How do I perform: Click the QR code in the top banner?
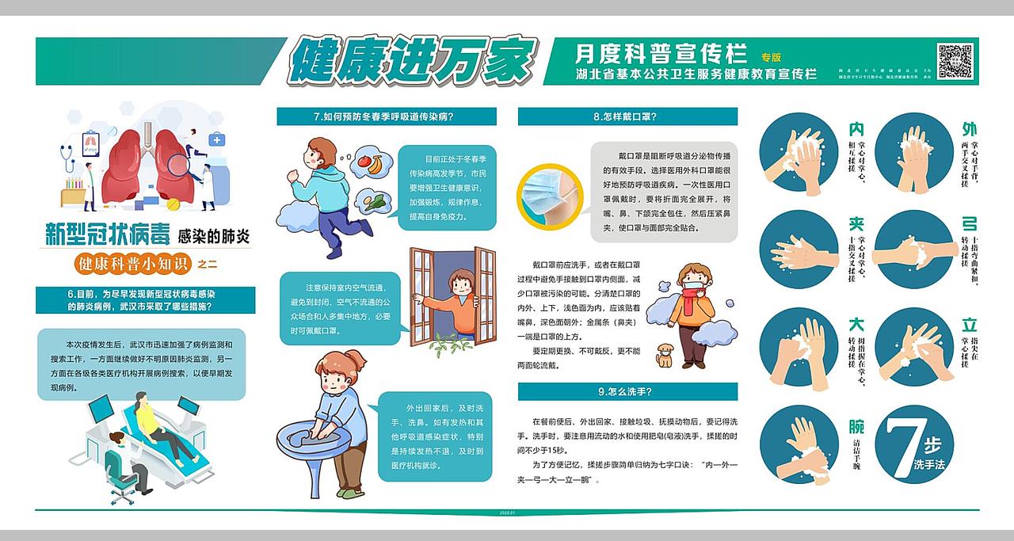tap(955, 61)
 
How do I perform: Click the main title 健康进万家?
tap(412, 59)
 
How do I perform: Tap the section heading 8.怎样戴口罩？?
tap(627, 116)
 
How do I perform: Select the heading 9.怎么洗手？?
tap(627, 391)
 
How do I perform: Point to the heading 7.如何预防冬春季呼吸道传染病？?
tap(387, 116)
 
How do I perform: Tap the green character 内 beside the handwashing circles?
tap(856, 129)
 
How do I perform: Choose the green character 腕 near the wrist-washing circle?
tap(856, 427)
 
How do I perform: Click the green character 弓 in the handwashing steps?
tap(969, 224)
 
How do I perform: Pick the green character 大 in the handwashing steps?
tap(856, 325)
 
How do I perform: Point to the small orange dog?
tap(664, 356)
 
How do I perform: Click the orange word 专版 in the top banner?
tap(771, 57)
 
